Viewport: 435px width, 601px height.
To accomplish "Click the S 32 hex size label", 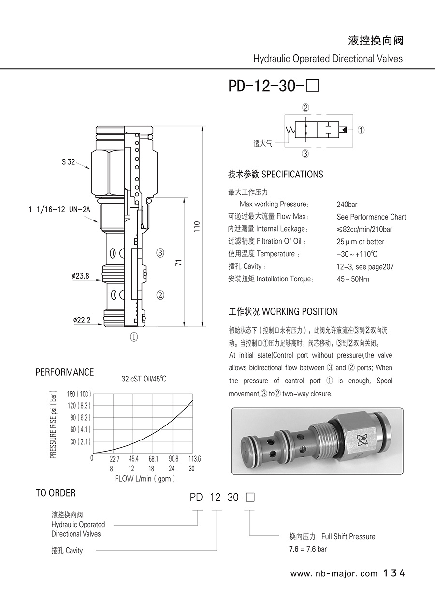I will (68, 162).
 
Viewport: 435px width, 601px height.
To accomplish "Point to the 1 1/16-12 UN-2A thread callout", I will (59, 209).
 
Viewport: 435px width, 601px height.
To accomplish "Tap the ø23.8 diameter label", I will (80, 276).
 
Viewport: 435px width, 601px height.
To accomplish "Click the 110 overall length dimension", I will (196, 226).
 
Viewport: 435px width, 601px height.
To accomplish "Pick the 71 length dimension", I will (178, 263).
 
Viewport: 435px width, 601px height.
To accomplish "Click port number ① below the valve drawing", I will (134, 337).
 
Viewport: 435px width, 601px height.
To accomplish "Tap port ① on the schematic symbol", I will (361, 130).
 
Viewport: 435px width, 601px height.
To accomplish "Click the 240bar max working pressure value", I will (347, 205).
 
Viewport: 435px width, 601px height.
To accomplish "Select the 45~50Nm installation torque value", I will (353, 279).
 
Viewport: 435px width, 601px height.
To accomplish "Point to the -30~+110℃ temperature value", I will (357, 254).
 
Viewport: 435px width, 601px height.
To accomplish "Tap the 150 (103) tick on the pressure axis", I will (79, 394).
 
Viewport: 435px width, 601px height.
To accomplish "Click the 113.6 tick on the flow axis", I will (194, 459).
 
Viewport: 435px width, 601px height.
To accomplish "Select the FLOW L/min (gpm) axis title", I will (145, 479).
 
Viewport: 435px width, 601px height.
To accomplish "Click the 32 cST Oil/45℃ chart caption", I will (144, 379).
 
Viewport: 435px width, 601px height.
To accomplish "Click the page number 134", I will (393, 573).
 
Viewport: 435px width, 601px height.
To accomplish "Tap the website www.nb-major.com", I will (333, 574).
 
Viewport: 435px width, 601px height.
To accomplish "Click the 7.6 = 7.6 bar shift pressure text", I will (308, 549).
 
